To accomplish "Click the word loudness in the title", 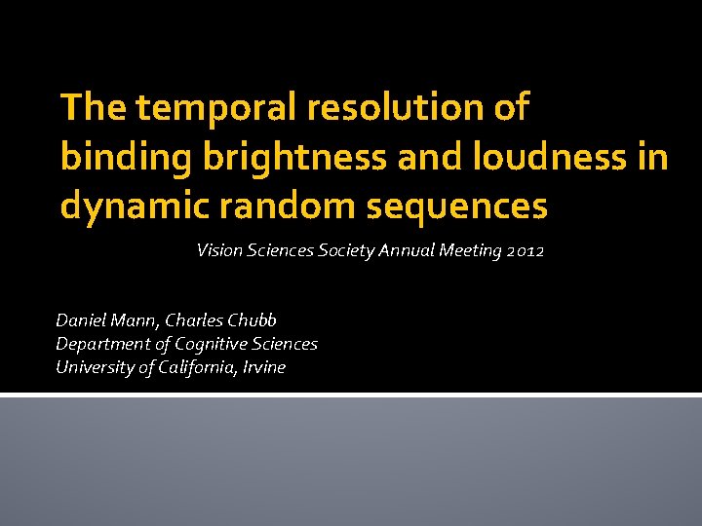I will coord(535,157).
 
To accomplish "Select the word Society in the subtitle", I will coord(345,251).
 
